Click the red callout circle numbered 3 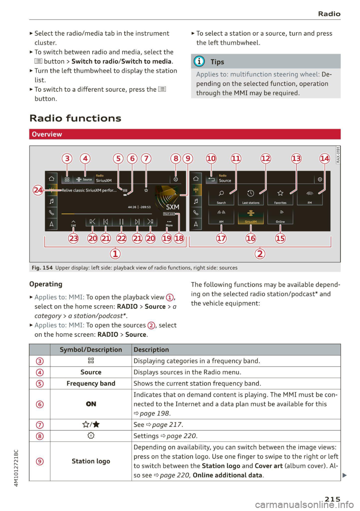coord(67,158)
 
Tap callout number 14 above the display coord(325,158)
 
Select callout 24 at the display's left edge coord(38,190)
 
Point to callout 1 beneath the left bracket coord(115,254)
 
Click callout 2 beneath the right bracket coord(260,254)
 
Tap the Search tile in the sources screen coord(221,196)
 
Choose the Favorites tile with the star coord(280,196)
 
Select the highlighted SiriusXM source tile coord(251,216)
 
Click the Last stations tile coord(250,196)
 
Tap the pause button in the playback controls coord(121,222)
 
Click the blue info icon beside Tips coord(199,61)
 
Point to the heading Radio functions coord(75,118)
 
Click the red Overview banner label coord(47,134)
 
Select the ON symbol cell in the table coord(91,404)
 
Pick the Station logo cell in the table coord(91,461)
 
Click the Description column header coord(151,349)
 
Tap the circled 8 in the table coord(40,436)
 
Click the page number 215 coord(332,499)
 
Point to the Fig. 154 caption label coord(42,268)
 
